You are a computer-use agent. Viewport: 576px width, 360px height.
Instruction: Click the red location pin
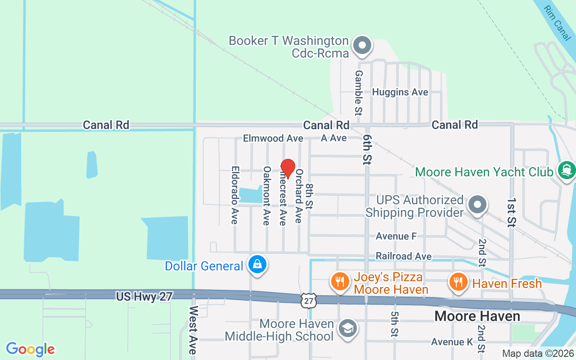[288, 168]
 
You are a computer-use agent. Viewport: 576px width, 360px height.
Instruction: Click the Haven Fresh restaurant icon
[458, 282]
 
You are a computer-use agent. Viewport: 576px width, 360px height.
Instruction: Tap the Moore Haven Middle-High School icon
[347, 328]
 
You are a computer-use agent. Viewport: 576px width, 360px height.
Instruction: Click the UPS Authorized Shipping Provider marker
[477, 205]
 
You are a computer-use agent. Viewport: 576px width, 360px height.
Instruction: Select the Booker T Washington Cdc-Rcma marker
[362, 46]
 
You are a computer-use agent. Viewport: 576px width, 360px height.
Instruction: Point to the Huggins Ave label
[400, 92]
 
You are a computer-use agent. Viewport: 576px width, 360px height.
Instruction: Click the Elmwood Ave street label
[270, 138]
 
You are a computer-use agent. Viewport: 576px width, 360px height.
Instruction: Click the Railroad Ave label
[404, 256]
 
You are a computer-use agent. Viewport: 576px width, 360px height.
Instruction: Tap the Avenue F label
[396, 236]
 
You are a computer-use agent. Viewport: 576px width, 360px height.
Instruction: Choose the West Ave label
[193, 330]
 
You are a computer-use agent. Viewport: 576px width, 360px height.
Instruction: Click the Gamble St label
[359, 92]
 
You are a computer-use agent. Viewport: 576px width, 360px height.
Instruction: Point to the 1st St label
[512, 211]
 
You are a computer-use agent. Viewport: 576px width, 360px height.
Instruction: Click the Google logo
[30, 349]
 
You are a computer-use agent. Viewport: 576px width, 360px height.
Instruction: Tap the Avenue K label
[447, 342]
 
